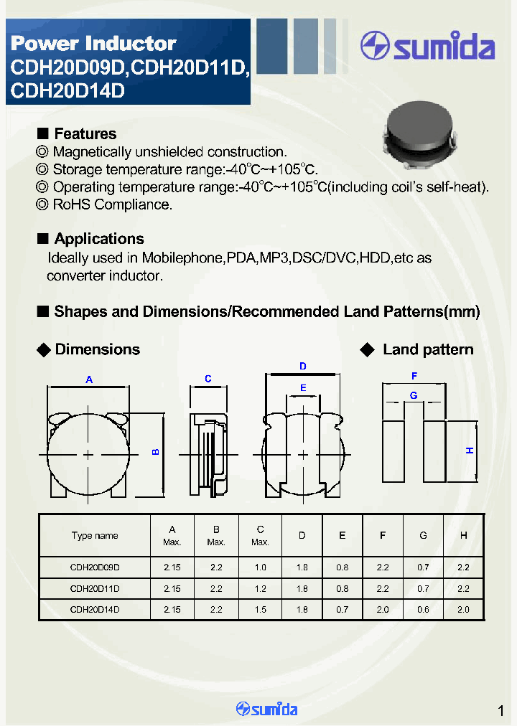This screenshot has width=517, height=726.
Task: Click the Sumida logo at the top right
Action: tap(427, 47)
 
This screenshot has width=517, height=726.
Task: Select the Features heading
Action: tap(85, 134)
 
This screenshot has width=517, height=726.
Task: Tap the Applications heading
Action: tap(98, 239)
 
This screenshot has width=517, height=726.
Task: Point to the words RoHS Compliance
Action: tap(113, 204)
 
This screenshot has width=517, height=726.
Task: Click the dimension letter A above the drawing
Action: tap(89, 379)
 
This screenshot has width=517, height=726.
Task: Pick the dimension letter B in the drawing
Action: tap(155, 452)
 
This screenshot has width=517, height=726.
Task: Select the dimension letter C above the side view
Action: tap(208, 379)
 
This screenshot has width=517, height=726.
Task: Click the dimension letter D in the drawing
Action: tap(303, 367)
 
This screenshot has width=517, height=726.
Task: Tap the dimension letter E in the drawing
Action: tap(303, 388)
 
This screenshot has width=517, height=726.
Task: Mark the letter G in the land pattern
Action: tap(414, 395)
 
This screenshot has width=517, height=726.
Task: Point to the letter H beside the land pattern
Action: tap(470, 451)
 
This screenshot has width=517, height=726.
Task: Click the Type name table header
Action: tap(95, 536)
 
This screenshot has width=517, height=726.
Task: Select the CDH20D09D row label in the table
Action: tap(95, 567)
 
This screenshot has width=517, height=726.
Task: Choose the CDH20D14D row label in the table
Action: tap(95, 609)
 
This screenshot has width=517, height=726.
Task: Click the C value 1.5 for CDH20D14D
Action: tap(261, 609)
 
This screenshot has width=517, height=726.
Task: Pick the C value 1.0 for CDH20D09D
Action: tap(261, 567)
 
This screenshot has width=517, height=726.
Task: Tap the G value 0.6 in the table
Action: tap(423, 609)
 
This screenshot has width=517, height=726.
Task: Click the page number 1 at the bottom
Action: tap(500, 711)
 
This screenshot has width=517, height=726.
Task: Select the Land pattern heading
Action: tap(428, 350)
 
